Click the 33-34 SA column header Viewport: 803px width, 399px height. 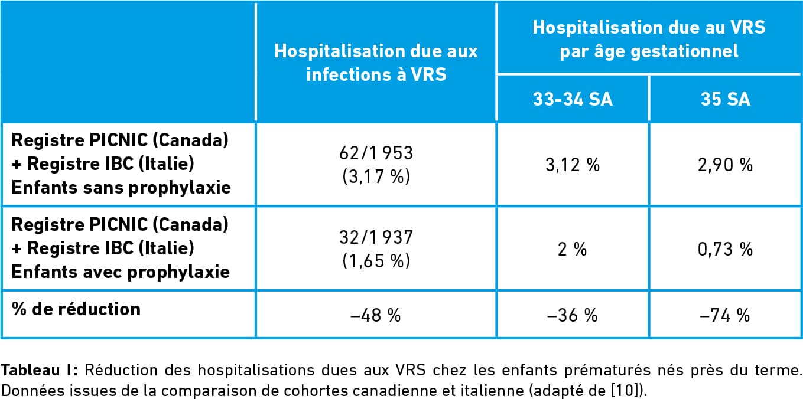click(573, 99)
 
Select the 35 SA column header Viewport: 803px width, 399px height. click(725, 99)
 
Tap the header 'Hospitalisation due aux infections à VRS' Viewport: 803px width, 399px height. click(376, 63)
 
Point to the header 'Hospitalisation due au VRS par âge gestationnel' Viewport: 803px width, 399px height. click(649, 39)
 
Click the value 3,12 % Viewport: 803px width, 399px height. click(573, 165)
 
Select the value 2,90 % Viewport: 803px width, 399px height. click(725, 165)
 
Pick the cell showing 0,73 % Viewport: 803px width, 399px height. click(725, 249)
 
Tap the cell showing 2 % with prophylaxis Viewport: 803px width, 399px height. click(573, 249)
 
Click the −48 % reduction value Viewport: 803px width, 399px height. click(376, 315)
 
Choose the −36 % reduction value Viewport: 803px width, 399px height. click(573, 315)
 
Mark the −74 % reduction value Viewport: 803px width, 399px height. click(725, 315)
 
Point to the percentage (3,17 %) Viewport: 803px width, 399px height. click(376, 176)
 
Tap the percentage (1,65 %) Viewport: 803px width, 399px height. click(376, 260)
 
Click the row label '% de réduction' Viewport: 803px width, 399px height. click(76, 309)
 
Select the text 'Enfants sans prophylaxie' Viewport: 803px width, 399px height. click(121, 187)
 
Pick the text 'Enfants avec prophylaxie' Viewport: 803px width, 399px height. click(121, 272)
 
